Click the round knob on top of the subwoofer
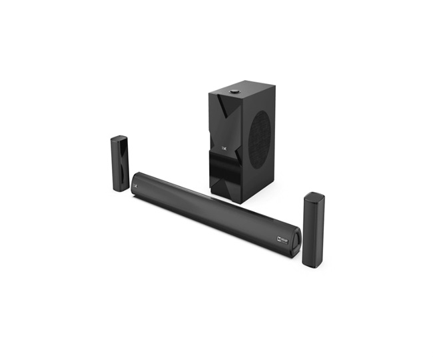pos(235,92)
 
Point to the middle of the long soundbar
pos(213,210)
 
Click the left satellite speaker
pos(120,163)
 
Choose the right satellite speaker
pos(313,230)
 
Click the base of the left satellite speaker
pos(120,188)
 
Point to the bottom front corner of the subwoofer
pos(239,202)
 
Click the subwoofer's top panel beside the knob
pos(250,91)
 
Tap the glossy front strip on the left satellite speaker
pos(125,163)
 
